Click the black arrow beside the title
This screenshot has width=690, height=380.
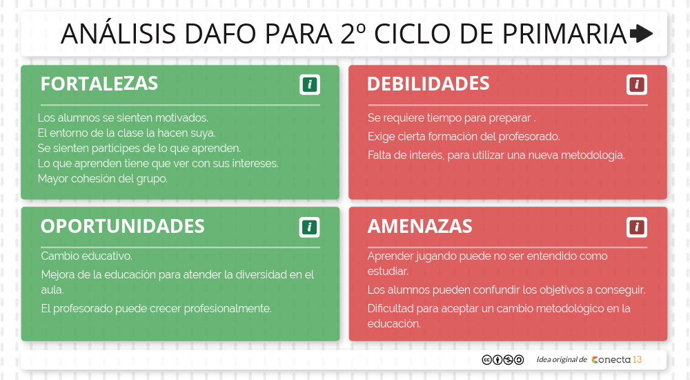coord(641,33)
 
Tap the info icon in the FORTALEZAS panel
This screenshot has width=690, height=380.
coord(310,84)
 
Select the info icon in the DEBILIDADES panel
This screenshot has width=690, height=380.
coord(637,84)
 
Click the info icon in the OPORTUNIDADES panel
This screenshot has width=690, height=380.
coord(309,227)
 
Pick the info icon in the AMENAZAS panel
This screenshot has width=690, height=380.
coord(637,227)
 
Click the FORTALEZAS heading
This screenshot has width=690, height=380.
coord(99,84)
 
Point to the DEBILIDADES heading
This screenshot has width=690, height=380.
coord(428,84)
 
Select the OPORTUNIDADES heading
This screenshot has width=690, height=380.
coord(122,226)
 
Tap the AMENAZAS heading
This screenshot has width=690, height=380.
coord(420,226)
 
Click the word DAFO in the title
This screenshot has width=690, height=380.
coord(221,34)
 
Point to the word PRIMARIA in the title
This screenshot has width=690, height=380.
coord(564,34)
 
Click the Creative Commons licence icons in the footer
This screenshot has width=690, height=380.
coord(503,360)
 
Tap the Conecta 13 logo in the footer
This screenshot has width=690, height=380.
coord(616,360)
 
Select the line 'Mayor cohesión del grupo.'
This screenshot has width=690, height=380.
coord(103,178)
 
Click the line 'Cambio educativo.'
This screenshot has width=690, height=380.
coord(87,256)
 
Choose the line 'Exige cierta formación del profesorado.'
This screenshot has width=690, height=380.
coord(464,137)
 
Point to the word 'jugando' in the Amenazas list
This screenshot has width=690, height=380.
coord(435,256)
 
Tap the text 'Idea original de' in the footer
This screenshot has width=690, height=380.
coord(562,360)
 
